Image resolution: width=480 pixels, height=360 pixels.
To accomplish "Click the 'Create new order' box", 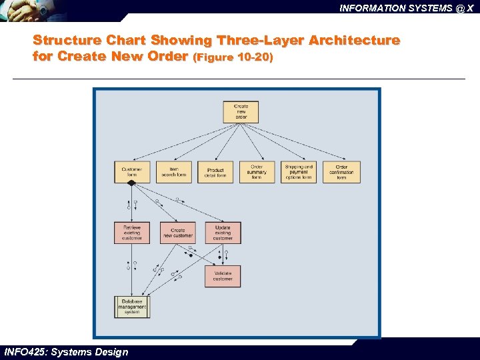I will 241,111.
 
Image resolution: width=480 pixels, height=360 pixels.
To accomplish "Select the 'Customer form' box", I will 131,172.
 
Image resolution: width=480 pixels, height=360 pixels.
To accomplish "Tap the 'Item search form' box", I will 173,172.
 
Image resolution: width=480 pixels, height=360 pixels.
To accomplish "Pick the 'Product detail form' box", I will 215,172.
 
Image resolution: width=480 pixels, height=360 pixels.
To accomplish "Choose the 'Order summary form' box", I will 257,172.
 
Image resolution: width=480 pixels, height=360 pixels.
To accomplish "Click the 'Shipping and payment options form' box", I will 298,172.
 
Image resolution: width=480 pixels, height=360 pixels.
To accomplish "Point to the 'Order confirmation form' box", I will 341,172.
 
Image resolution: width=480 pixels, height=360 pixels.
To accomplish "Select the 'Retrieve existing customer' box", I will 131,233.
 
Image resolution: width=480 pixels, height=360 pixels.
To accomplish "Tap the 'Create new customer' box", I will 178,233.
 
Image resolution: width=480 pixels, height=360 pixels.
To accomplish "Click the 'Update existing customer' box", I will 223,233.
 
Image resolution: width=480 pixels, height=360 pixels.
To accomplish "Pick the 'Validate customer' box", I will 223,276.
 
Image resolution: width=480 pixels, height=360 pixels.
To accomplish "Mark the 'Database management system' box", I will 131,306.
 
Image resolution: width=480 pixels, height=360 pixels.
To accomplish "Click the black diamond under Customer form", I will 131,183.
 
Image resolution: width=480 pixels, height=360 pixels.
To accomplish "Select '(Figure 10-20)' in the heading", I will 233,57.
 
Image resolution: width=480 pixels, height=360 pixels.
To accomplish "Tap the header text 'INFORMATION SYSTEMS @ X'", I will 406,9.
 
